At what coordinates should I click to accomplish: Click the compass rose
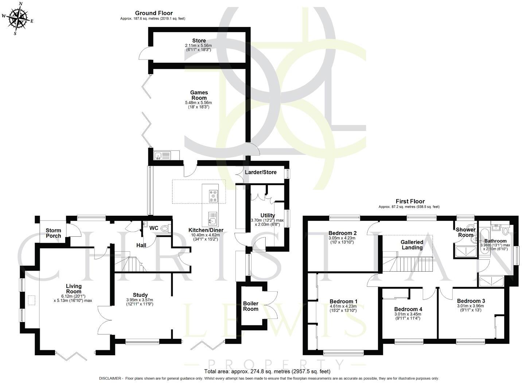point(18,18)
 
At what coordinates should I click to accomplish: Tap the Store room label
point(199,41)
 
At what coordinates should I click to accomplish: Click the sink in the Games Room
point(159,156)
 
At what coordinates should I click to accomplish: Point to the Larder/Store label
point(260,172)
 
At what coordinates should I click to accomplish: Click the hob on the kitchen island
point(213,196)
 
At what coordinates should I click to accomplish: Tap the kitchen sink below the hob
point(213,219)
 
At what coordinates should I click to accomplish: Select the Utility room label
point(268,215)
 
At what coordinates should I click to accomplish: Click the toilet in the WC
point(165,229)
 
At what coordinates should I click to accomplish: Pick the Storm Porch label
point(53,233)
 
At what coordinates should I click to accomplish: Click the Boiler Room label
point(251,306)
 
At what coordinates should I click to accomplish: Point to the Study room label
point(140,295)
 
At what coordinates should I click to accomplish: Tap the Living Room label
point(74,288)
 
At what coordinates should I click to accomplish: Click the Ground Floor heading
point(154,13)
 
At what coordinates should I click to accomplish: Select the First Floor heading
point(410,201)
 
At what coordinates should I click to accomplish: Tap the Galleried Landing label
point(412,245)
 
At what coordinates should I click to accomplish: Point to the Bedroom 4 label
point(408,309)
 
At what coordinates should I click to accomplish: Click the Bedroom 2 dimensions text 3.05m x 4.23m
point(342,238)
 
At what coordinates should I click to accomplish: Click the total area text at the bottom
point(267,371)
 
